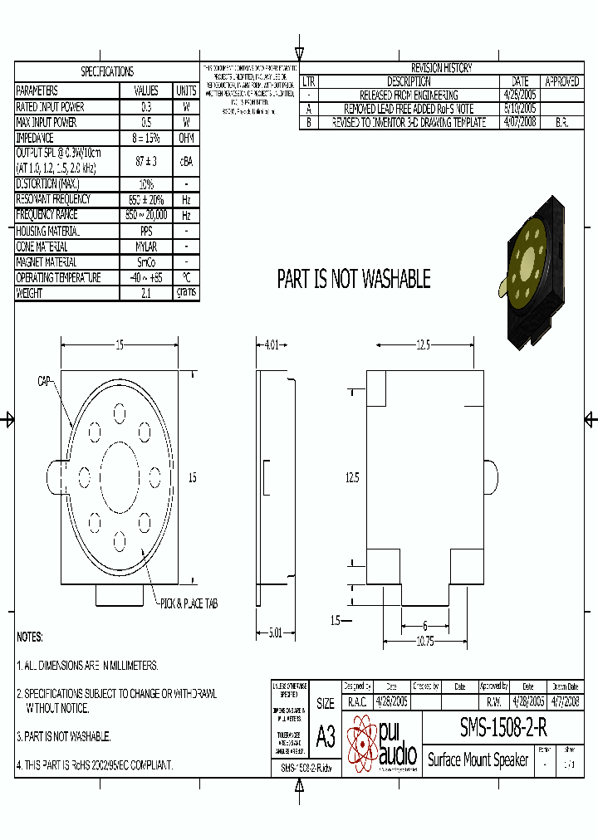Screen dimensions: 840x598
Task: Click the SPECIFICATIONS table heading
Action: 106,72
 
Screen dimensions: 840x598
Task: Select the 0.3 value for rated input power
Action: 146,107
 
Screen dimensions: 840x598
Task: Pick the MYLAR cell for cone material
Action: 146,247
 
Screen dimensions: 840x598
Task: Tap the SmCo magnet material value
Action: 146,262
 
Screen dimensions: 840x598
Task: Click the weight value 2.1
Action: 146,293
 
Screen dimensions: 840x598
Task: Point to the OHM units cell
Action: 186,138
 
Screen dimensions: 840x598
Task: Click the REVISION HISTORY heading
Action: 441,68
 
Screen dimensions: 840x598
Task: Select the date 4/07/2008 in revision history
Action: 520,122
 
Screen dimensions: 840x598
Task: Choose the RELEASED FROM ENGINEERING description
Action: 409,95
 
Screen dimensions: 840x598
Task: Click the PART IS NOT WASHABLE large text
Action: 354,279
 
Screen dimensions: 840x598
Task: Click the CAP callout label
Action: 45,381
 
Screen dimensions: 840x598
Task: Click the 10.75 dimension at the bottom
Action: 424,642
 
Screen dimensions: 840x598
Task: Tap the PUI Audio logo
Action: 382,743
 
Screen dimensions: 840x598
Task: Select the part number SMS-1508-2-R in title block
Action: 502,728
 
